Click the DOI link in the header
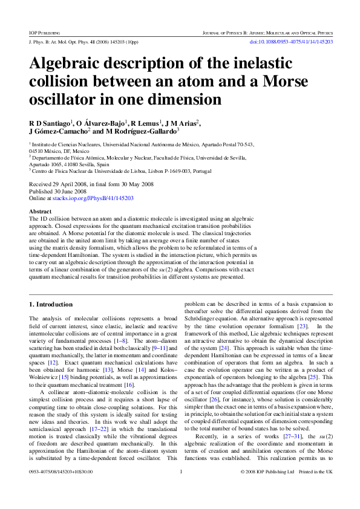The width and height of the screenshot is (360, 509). pyautogui.click(x=291, y=42)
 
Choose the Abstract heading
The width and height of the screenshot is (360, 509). pyautogui.click(x=41, y=212)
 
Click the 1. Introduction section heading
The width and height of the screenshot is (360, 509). pyautogui.click(x=56, y=304)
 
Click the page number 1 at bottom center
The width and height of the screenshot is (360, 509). pyautogui.click(x=180, y=488)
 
